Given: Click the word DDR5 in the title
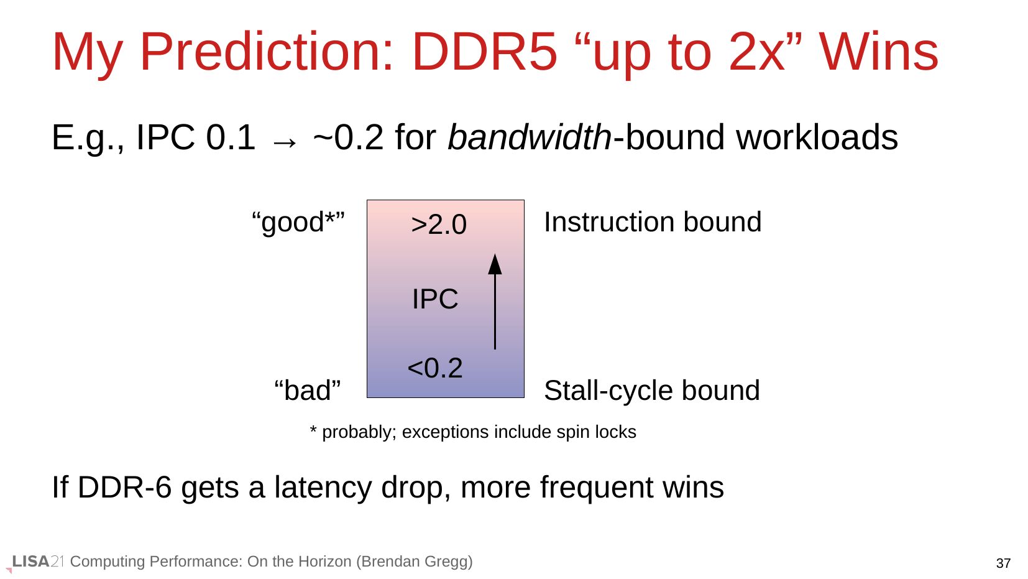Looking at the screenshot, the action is tap(485, 52).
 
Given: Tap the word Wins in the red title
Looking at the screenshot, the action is tap(879, 52).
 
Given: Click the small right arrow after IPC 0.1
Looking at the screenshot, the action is tap(285, 142).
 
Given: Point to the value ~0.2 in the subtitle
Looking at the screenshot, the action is tap(348, 137).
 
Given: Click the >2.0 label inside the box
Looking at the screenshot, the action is tap(439, 225).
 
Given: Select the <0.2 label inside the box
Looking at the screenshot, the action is tap(435, 368).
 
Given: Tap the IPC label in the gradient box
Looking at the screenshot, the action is tap(435, 299).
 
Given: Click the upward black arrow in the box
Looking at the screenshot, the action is tap(495, 302).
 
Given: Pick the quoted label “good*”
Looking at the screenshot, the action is tap(298, 222).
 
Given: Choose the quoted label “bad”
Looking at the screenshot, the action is tap(308, 391).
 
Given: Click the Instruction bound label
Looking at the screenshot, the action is tap(653, 222).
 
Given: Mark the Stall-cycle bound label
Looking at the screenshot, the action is tap(652, 391).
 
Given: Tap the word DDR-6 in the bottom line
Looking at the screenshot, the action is tap(124, 487).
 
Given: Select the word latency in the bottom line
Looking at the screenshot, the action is tap(323, 488).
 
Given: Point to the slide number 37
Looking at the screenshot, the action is tap(1003, 563).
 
